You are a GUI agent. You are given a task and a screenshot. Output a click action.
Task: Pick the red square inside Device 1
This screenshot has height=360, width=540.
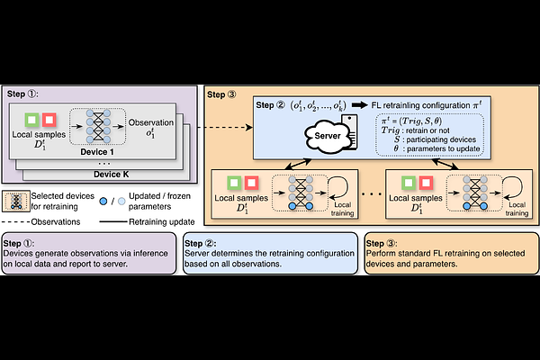pos(49,120)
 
